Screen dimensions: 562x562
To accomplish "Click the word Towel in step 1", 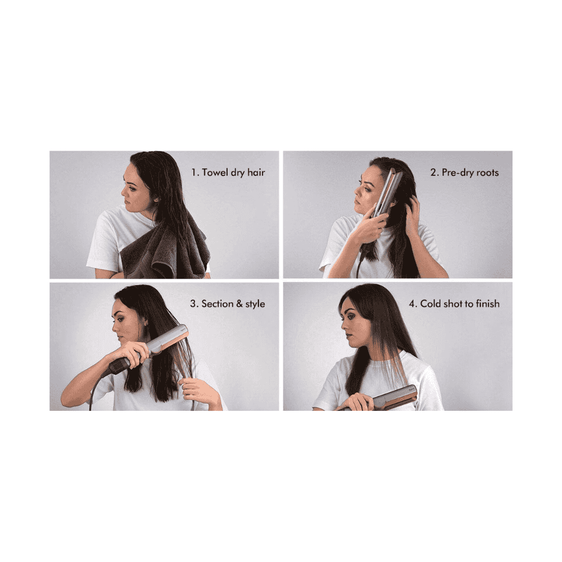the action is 215,173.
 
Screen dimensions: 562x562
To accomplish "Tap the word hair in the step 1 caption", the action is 256,173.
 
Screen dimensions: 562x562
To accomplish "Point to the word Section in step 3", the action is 217,304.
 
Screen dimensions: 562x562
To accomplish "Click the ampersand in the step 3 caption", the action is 239,304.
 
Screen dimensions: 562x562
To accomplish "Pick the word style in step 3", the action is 255,304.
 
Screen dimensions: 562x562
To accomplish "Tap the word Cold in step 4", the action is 430,304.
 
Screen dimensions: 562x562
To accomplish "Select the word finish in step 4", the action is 488,304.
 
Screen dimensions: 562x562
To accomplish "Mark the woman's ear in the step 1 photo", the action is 156,198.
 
